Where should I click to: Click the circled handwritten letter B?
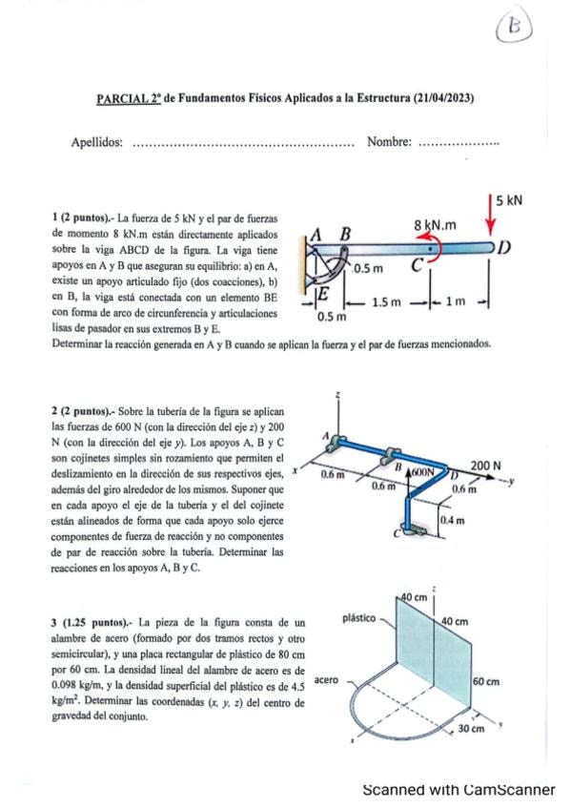[514, 27]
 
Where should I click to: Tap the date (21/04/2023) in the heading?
[443, 97]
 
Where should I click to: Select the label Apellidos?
[97, 142]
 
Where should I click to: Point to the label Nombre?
[389, 141]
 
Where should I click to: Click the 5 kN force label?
[509, 200]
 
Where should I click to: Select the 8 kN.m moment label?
[436, 225]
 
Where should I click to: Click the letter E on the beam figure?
[323, 295]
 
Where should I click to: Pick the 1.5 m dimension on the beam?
[386, 301]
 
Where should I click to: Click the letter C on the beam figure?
[418, 265]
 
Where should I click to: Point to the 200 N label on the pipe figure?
[485, 466]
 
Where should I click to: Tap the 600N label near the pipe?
[424, 471]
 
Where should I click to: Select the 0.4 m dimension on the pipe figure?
[453, 520]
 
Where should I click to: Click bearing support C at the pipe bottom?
[414, 529]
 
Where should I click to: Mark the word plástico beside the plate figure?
[359, 618]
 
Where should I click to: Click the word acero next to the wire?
[326, 680]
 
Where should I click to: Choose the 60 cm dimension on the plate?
[486, 681]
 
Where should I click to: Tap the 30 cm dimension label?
[471, 729]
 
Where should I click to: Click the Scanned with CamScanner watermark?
[459, 789]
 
